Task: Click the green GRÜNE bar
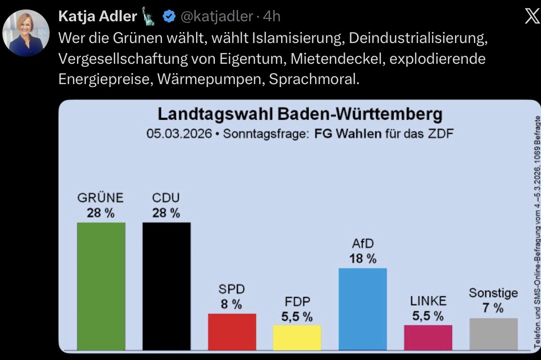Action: tap(101, 286)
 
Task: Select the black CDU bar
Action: tap(166, 286)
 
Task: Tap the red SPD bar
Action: tap(232, 331)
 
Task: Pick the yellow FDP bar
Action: tap(297, 337)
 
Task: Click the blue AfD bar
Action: tap(363, 309)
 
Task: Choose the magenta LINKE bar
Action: tap(428, 337)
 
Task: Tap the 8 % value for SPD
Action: tap(232, 304)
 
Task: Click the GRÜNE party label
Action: tap(100, 197)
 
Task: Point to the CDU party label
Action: tap(166, 197)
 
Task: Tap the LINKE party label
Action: tap(428, 301)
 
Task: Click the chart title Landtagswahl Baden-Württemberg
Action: tap(300, 115)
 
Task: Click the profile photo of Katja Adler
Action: tap(26, 33)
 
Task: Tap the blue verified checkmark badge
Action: tap(169, 17)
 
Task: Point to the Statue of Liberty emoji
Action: tap(149, 17)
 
